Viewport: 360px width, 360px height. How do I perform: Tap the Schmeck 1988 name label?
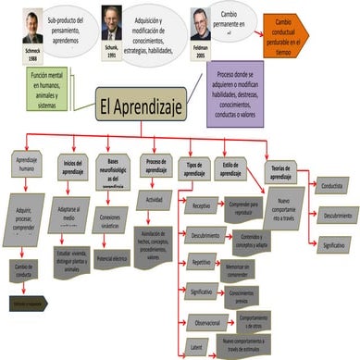15,54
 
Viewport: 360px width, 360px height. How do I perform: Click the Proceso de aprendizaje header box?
155,165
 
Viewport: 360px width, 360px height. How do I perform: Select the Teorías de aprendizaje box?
280,169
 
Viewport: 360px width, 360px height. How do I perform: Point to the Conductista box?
334,185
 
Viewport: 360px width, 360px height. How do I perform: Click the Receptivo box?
201,207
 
